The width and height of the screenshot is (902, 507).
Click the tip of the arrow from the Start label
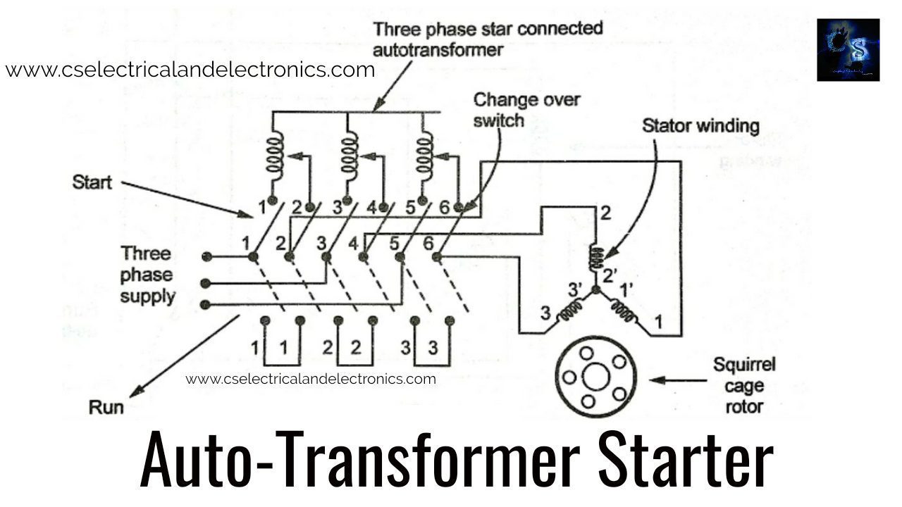point(253,218)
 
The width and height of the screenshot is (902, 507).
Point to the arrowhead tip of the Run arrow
point(130,398)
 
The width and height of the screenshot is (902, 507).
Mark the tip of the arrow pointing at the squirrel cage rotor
point(649,380)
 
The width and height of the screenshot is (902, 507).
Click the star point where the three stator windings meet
point(595,289)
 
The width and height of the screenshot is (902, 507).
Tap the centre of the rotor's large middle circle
point(596,377)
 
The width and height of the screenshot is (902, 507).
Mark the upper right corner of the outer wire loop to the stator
point(681,162)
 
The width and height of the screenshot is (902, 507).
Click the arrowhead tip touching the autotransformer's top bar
point(373,111)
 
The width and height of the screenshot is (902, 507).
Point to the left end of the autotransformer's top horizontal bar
point(273,112)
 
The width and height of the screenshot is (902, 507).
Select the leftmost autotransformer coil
point(275,157)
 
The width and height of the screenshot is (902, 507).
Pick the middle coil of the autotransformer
point(350,157)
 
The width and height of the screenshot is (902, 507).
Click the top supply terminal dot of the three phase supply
point(206,256)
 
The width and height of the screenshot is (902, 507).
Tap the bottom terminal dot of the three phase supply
point(205,305)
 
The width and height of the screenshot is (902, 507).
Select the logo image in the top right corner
point(848,50)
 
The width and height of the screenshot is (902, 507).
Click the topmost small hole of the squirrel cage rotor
point(586,353)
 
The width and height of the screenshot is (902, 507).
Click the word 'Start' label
point(92,182)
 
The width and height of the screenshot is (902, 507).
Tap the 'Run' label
point(106,407)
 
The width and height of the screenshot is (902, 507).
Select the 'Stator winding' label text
point(700,126)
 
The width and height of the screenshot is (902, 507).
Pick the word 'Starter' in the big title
point(686,459)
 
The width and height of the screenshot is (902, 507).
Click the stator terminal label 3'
point(575,289)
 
